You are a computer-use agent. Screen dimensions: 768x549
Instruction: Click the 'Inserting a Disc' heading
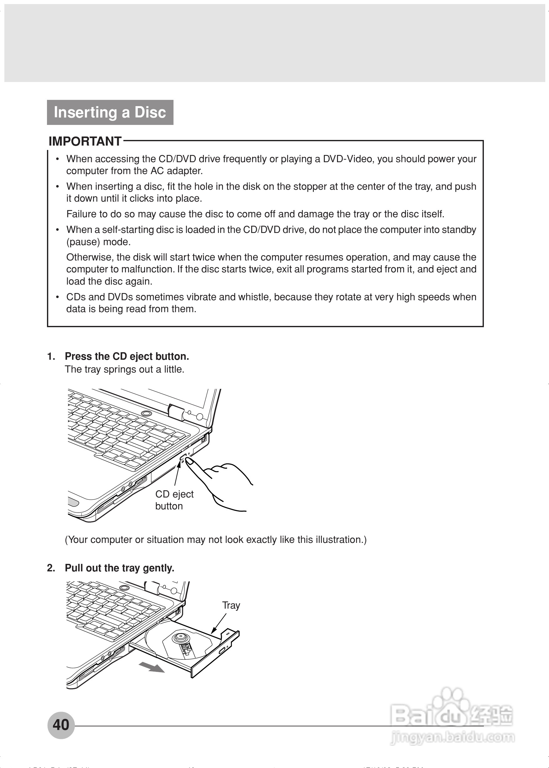coord(110,112)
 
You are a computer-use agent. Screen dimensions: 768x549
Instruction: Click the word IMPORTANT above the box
coord(85,141)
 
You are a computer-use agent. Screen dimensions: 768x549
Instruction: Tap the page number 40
coord(61,725)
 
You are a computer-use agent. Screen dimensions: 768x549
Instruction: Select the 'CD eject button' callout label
coord(174,500)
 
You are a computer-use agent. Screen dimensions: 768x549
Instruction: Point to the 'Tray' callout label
coord(231,605)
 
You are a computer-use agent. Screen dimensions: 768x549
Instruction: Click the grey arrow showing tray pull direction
coord(152,667)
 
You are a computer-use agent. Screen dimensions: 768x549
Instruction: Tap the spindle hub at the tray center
coord(179,638)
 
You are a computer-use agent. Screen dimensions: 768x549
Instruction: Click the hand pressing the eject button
coord(220,480)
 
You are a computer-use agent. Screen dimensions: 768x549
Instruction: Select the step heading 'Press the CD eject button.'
coord(127,357)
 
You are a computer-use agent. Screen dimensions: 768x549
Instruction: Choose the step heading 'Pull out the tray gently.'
coord(119,568)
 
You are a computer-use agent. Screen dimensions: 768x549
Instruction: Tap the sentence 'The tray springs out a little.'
coord(124,369)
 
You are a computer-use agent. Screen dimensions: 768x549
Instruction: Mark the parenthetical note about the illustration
coord(216,539)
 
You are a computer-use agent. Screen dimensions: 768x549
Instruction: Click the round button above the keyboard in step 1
coord(146,413)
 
